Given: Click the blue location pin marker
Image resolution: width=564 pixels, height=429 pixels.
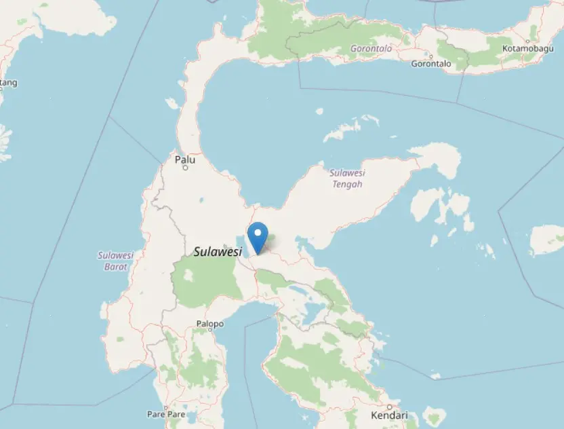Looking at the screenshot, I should coord(258,238).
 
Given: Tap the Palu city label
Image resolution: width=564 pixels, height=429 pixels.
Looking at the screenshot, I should coord(185,160).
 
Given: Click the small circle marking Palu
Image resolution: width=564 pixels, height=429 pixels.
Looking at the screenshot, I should coord(185,168).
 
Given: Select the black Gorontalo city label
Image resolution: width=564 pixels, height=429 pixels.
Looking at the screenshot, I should coord(431,64).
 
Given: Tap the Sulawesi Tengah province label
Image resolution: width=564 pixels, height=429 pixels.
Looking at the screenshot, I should coord(346,178).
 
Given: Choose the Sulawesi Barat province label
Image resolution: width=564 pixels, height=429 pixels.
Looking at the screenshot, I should coord(116,261).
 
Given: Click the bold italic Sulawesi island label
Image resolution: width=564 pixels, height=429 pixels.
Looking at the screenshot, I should coord(218,251).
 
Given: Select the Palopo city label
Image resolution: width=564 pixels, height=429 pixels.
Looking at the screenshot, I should coord(209,324).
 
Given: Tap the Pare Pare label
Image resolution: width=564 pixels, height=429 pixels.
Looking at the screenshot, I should coord(166,413).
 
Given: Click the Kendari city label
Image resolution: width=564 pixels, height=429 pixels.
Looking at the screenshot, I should coord(389,415).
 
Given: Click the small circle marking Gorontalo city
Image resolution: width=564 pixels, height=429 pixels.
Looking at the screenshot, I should coord(431,55).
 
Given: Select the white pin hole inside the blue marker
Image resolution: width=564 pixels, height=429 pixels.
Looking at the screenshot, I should coord(258,232).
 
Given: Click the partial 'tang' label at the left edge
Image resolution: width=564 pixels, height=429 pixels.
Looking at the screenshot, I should coord(8,83).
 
